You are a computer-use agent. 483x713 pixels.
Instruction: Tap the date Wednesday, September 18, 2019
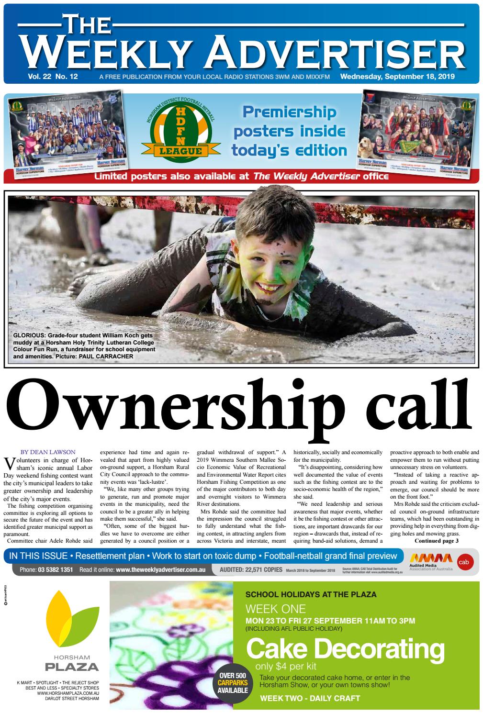point(397,77)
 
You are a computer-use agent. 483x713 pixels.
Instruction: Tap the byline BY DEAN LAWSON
point(48,451)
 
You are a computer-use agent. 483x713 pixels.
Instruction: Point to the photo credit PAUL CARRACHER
point(110,356)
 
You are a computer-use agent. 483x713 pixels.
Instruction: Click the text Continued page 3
point(436,541)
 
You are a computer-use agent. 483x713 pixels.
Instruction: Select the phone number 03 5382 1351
point(56,570)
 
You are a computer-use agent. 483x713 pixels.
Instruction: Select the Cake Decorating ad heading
point(345,649)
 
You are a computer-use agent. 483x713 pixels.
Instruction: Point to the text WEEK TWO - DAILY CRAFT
point(310,698)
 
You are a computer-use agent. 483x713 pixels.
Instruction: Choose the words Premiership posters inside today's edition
point(289,131)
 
